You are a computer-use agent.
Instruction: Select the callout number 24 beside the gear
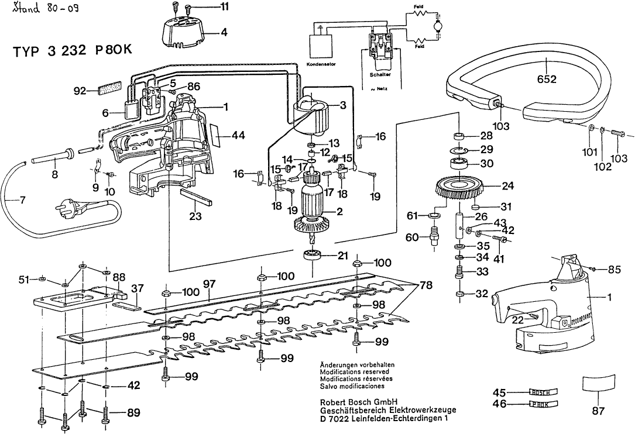[491, 187]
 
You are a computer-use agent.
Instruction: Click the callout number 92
[80, 91]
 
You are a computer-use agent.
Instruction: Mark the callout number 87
[598, 411]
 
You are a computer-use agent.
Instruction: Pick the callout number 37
[137, 288]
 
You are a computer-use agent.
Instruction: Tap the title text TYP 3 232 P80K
[73, 51]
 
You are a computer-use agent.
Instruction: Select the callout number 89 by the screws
[133, 413]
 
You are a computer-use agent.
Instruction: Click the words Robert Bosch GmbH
[359, 402]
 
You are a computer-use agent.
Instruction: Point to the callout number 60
[411, 237]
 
